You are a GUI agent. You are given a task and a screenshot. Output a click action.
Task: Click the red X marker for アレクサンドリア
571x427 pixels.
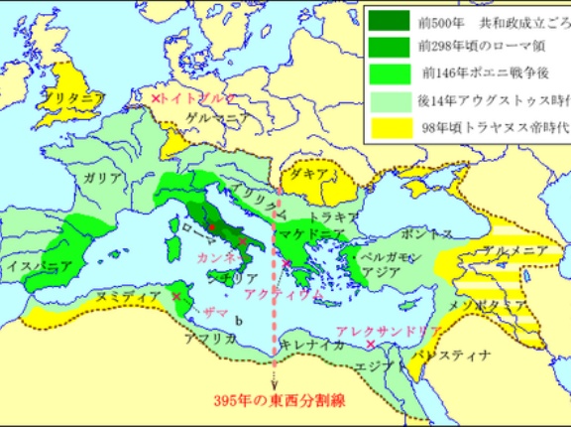370,344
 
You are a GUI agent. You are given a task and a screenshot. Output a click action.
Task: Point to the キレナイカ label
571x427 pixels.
308,344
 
